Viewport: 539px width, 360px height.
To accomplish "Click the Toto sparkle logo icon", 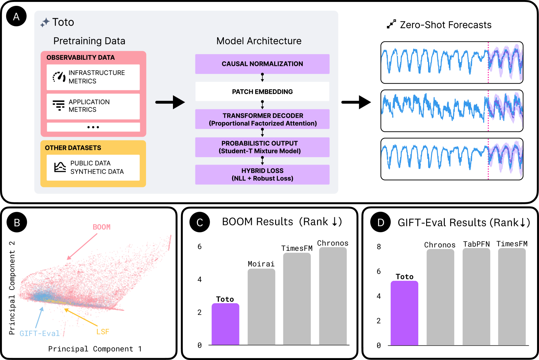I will tap(45, 22).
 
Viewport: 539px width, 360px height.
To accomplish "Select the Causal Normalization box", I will tap(262, 64).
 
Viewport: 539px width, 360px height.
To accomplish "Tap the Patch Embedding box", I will tap(262, 91).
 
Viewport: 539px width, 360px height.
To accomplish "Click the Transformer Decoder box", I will tap(262, 119).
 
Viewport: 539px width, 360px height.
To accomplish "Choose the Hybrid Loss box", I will tap(262, 174).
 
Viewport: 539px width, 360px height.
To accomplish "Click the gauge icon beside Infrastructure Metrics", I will tap(59, 77).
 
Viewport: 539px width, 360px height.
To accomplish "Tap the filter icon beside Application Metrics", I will tap(59, 105).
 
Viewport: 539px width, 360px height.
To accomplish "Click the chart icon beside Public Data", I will tap(60, 167).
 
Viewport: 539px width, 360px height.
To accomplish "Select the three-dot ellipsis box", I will tap(93, 127).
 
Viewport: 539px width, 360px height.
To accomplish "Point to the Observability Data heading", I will tap(80, 58).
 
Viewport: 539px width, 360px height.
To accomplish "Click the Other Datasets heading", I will tap(73, 148).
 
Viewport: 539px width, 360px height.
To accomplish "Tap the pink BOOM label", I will tap(102, 227).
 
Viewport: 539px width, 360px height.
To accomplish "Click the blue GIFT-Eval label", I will tap(40, 333).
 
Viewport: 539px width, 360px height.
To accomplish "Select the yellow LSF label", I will tap(103, 332).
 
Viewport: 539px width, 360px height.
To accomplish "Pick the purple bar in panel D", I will tap(404, 313).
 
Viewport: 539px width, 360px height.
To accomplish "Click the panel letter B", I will tap(17, 223).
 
